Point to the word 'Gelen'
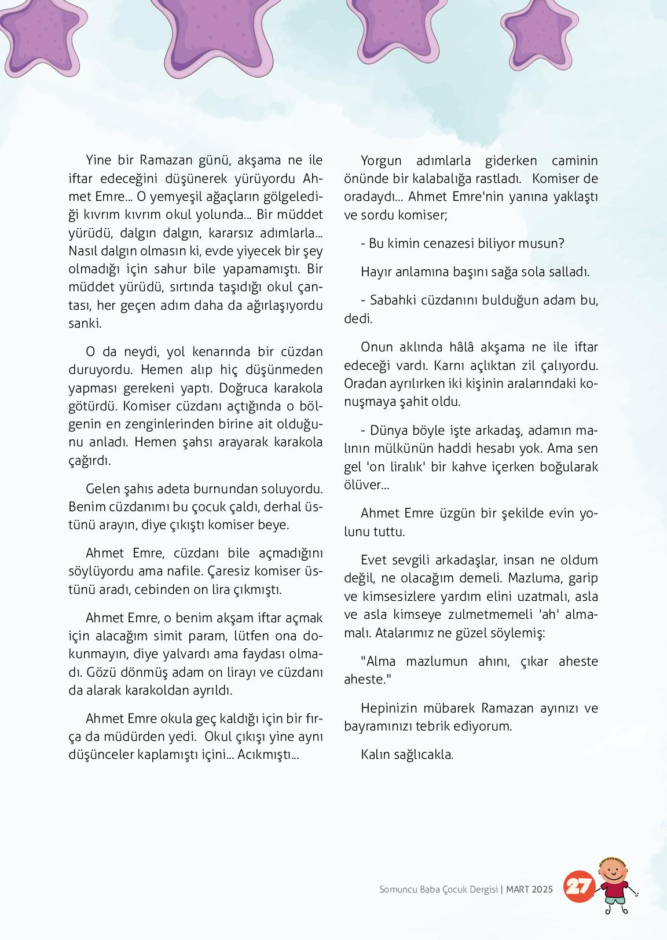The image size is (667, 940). (x=102, y=489)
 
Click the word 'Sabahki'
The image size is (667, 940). (x=391, y=300)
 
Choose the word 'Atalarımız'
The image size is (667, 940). (x=404, y=633)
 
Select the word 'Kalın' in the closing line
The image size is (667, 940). (x=375, y=754)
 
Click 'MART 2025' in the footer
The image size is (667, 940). (x=529, y=890)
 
